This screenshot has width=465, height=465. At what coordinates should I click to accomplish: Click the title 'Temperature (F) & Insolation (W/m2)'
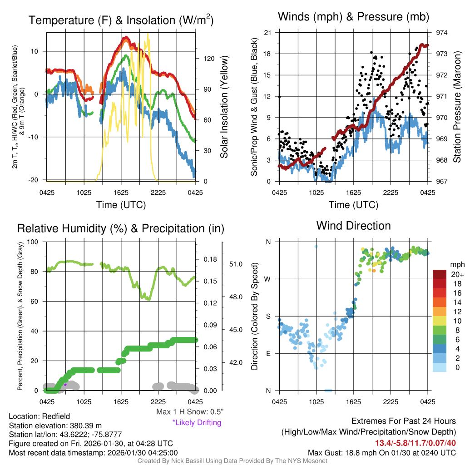click(121, 20)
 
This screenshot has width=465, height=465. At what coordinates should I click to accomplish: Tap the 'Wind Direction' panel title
click(353, 226)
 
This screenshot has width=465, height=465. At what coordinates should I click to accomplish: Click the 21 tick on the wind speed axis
click(267, 33)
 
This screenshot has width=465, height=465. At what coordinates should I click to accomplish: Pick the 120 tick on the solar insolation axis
click(205, 59)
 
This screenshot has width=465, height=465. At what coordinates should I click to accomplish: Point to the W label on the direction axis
click(268, 279)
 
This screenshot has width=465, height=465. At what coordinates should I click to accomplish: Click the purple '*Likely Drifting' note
click(197, 423)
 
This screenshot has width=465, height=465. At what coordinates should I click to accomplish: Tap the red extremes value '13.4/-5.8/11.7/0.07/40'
click(415, 443)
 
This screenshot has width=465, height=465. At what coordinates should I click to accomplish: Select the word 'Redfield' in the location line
click(56, 416)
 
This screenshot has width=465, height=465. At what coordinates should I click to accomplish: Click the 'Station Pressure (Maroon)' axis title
click(457, 107)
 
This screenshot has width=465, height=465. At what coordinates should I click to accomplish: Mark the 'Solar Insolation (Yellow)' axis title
click(224, 107)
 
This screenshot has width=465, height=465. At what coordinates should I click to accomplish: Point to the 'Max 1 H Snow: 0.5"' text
click(189, 412)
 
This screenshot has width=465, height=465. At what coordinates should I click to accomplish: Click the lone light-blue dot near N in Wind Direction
click(316, 247)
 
